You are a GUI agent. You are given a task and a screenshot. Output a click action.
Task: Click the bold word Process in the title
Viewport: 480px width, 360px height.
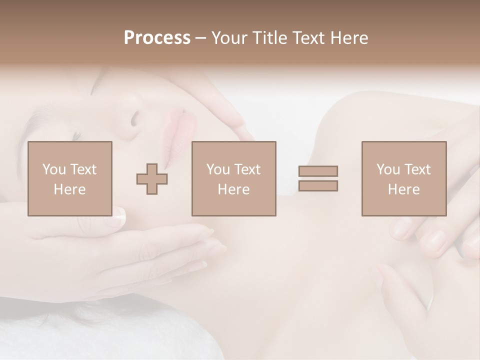tap(157, 38)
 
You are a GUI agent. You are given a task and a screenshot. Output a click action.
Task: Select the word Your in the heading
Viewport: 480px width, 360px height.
tap(230, 38)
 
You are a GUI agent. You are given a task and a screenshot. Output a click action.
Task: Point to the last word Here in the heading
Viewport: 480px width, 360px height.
tap(348, 38)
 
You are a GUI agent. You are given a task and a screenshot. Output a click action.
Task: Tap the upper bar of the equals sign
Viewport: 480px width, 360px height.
tap(318, 171)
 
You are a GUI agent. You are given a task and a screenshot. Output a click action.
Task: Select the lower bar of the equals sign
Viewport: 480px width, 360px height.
tap(318, 185)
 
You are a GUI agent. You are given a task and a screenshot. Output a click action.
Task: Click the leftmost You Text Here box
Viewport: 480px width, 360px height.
tap(69, 178)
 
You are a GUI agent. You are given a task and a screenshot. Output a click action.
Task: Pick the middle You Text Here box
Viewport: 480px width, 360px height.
tap(233, 178)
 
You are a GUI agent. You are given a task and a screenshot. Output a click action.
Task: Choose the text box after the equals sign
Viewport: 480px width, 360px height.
tap(403, 178)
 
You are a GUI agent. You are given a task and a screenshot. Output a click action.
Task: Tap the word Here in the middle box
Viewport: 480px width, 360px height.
tap(233, 189)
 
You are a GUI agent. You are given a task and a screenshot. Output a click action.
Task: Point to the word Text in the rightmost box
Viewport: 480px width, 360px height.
tap(416, 169)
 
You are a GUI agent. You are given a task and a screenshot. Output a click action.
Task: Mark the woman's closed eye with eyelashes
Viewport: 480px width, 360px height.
tap(75, 135)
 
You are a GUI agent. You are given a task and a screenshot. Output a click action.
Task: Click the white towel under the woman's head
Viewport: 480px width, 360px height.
tap(100, 335)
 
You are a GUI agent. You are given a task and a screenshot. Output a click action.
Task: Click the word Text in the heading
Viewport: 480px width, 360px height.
tap(305, 38)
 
